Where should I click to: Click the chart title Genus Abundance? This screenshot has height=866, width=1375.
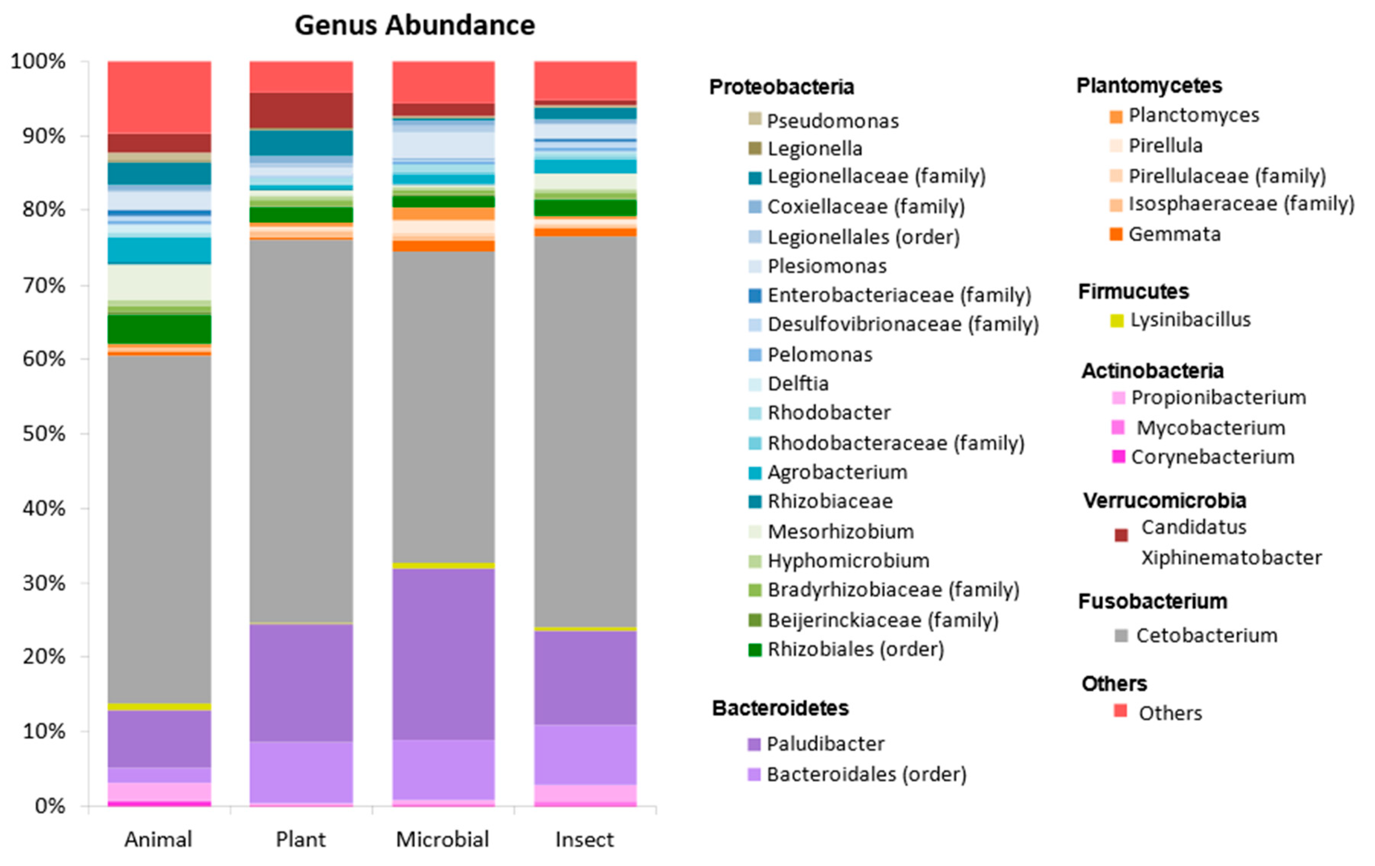(x=415, y=25)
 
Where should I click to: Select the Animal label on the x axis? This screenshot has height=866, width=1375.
(x=158, y=839)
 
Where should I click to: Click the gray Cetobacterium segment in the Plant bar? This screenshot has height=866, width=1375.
(x=301, y=428)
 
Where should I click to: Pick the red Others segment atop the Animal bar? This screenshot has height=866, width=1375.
(x=159, y=97)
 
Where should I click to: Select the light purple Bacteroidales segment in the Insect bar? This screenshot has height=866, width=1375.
(x=585, y=754)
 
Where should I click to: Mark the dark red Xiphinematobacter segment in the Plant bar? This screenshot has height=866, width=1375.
(x=301, y=110)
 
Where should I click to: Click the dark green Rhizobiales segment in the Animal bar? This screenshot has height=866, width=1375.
(x=159, y=329)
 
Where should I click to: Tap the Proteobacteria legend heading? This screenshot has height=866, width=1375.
(x=781, y=87)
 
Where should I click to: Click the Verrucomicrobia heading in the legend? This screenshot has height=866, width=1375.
(x=1164, y=501)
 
